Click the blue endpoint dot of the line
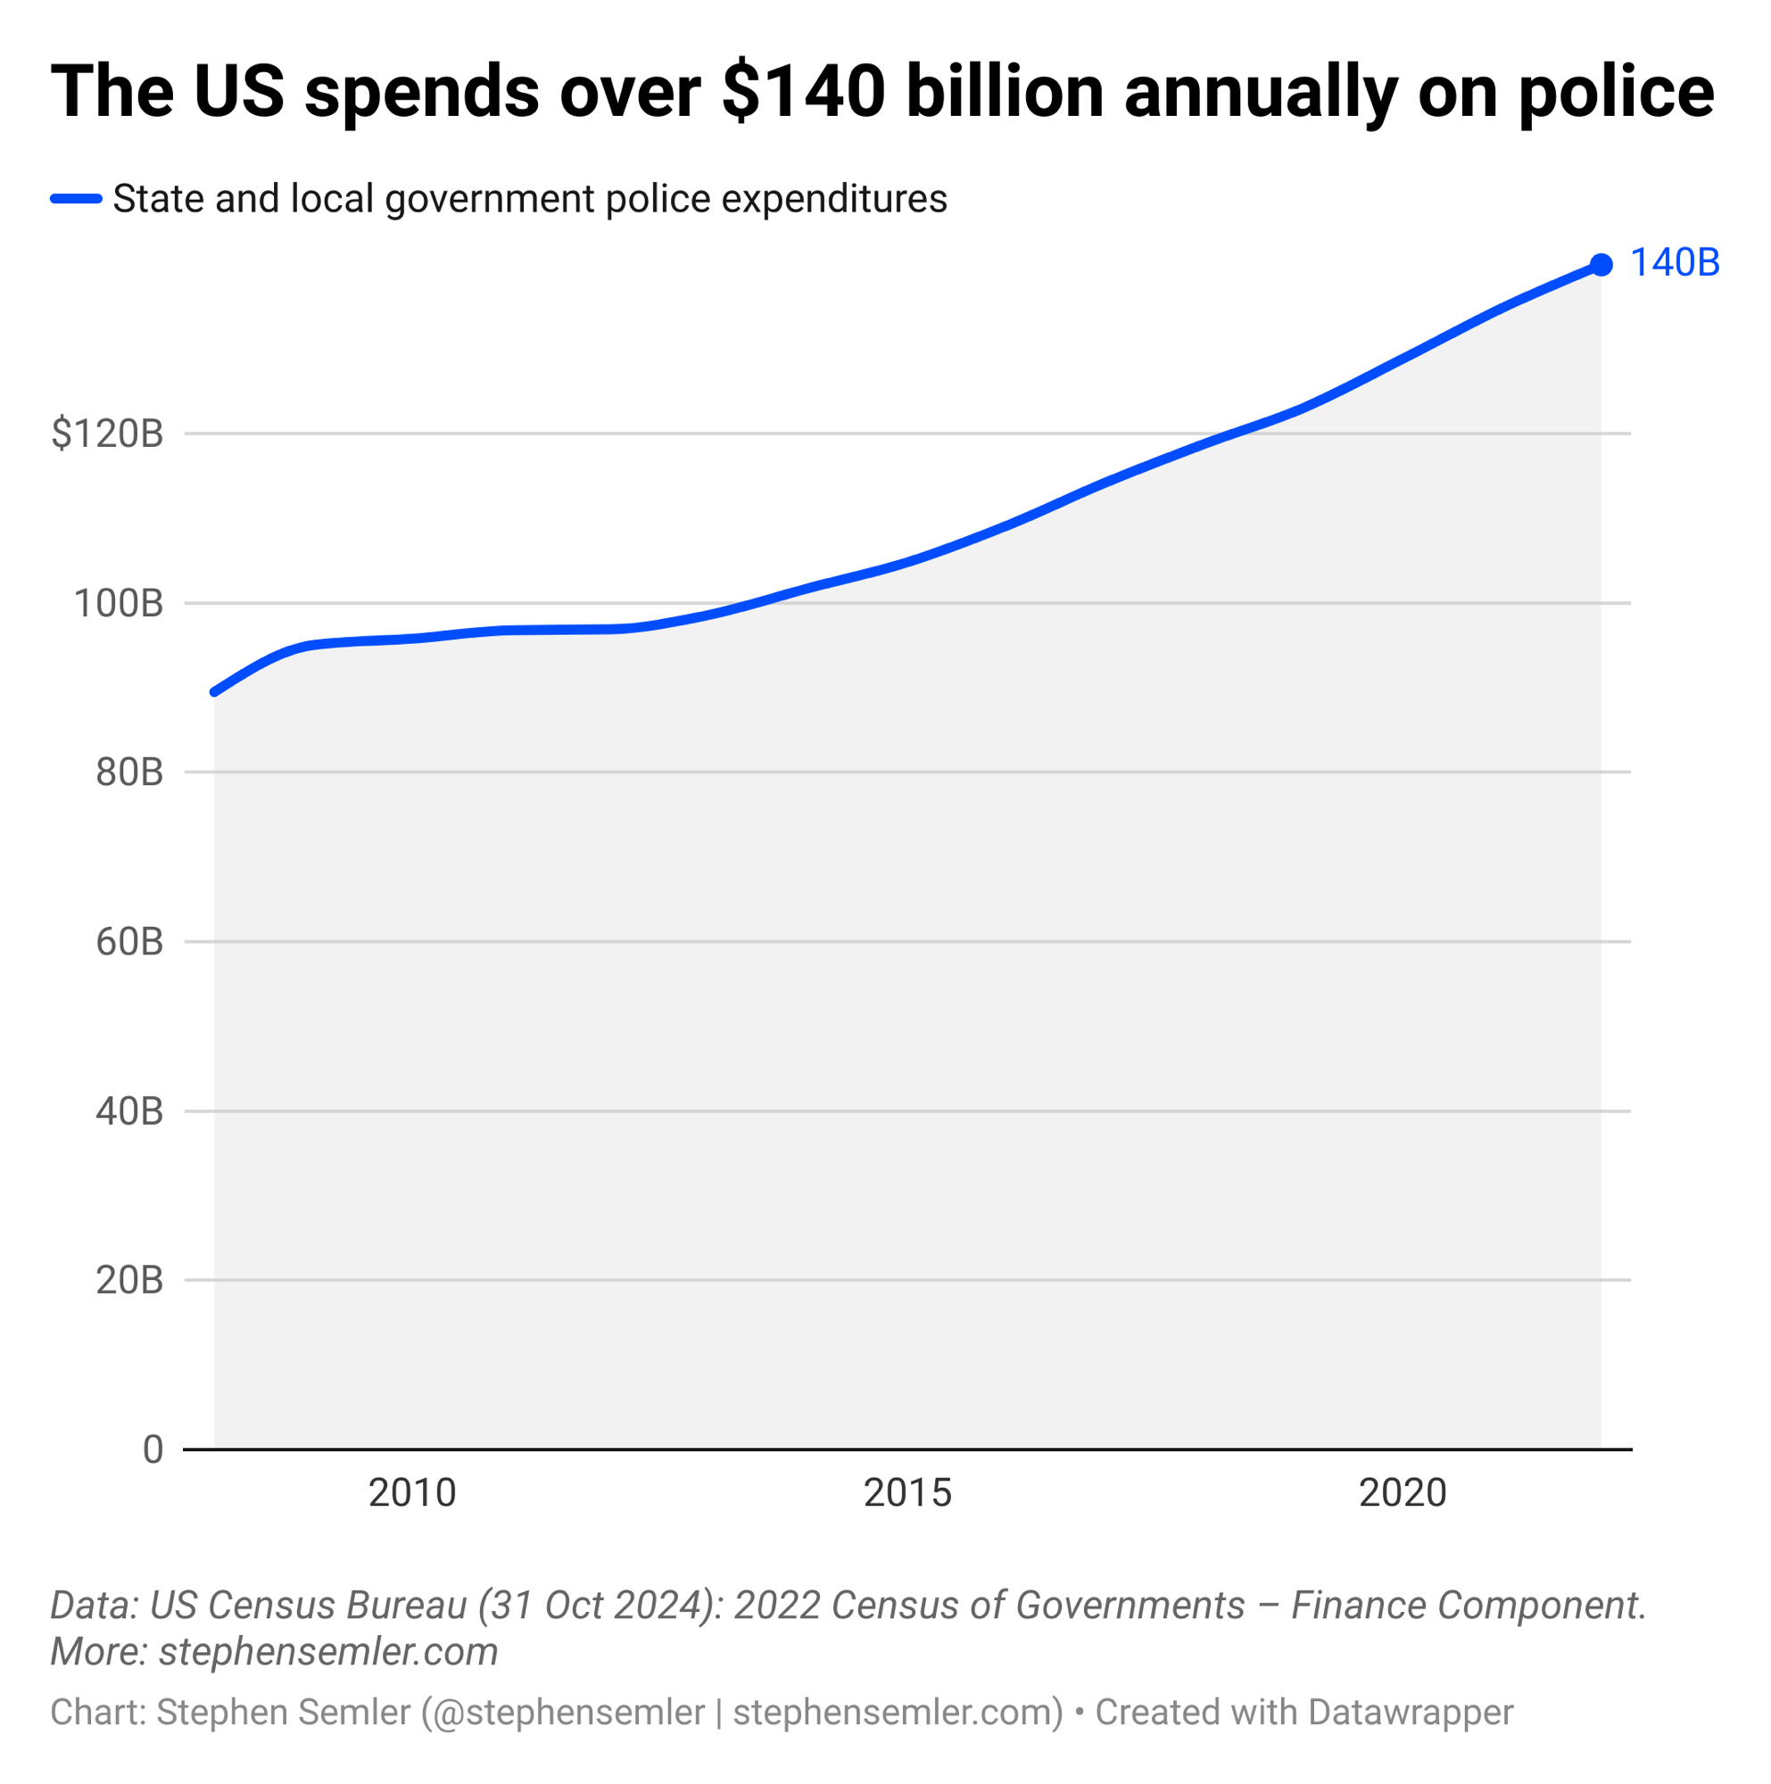(x=1601, y=265)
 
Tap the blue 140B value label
(x=1675, y=263)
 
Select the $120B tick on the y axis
(x=107, y=434)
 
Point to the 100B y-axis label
(x=118, y=604)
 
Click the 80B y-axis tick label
(x=129, y=772)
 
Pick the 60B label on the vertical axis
(x=129, y=942)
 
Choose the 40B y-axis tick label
(x=129, y=1111)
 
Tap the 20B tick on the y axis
(x=129, y=1281)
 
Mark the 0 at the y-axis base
(x=153, y=1449)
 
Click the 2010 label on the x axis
(x=412, y=1493)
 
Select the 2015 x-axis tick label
(x=907, y=1493)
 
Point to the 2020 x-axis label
(x=1403, y=1493)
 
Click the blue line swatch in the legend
(x=76, y=199)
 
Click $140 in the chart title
(x=803, y=93)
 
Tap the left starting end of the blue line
(x=215, y=691)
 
